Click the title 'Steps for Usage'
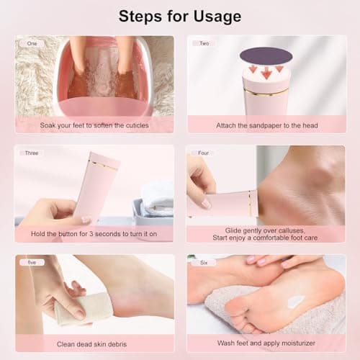(x=180, y=16)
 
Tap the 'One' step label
(x=32, y=43)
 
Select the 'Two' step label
(x=204, y=43)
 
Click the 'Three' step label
(x=32, y=153)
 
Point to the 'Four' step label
(x=204, y=153)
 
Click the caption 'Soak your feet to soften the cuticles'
(x=94, y=125)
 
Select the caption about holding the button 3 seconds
(x=94, y=234)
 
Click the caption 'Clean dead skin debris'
(x=94, y=343)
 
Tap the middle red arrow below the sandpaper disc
(x=266, y=73)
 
